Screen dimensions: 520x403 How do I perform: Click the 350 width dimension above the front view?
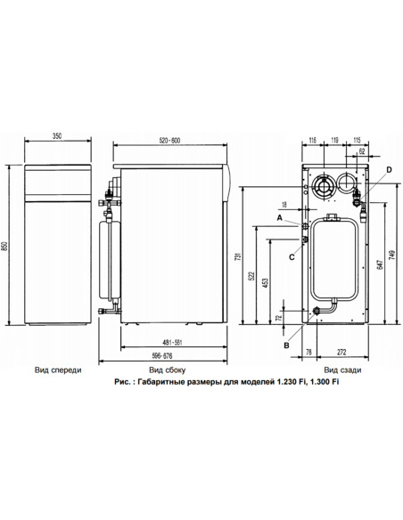(x=56, y=135)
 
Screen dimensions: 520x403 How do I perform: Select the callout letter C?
(x=291, y=256)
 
